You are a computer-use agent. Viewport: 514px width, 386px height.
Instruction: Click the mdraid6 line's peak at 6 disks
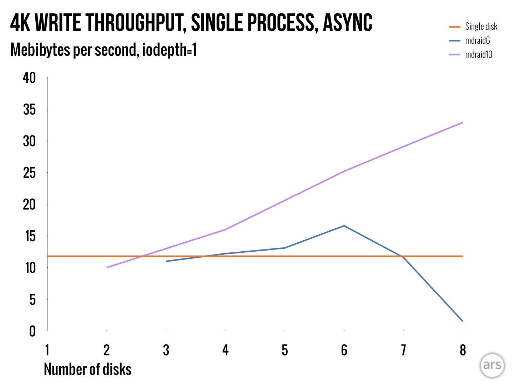coord(344,226)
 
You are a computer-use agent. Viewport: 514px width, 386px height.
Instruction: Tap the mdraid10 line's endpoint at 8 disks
coord(463,123)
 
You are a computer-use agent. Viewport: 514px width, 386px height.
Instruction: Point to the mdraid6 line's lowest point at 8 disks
coord(463,321)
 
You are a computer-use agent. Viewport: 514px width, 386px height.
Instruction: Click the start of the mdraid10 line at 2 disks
coord(107,267)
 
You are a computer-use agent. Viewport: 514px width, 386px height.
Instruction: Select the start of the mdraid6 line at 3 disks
coord(166,261)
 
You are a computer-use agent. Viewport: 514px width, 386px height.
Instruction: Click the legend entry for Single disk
coord(481,26)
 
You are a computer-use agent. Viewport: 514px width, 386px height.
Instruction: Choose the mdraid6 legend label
coord(477,40)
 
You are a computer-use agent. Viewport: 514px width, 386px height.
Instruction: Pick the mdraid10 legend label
coord(478,54)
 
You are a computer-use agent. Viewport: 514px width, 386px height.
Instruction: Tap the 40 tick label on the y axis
coord(29,78)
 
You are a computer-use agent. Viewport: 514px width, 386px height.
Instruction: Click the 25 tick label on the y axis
coord(29,173)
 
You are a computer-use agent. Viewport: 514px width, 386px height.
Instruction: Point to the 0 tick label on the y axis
coord(32,331)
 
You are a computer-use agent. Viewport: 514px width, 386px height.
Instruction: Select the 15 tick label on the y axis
coord(30,236)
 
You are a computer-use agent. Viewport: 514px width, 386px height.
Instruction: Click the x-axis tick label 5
coord(284,350)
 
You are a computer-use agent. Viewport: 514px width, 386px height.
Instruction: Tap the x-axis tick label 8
coord(463,350)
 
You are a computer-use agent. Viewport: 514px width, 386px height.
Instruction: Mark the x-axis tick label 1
coord(47,350)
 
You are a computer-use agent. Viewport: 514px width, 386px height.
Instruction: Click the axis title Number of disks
coord(87,370)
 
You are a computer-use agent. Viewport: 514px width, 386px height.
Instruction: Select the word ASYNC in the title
coord(347,23)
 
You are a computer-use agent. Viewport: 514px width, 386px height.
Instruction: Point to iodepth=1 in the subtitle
coord(169,50)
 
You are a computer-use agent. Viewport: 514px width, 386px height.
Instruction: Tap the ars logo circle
coord(492,365)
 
